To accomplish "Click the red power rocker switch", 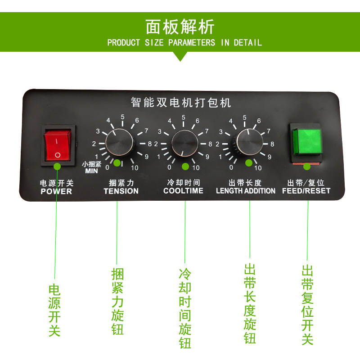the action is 58,145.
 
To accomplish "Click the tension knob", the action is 119,143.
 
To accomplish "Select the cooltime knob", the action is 184,143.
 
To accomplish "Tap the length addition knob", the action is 249,142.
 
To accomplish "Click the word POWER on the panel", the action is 56,191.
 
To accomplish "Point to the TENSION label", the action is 121,191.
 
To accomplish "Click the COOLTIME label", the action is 183,190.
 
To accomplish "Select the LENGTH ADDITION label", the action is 245,191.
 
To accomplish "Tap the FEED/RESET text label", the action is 306,191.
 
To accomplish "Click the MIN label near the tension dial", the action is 91,171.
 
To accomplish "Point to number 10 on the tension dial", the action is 135,168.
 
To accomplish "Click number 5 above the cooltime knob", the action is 184,117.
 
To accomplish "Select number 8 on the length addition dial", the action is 272,144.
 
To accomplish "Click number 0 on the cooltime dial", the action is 169,167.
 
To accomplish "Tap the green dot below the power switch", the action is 57,166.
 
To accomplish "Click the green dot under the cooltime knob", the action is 185,166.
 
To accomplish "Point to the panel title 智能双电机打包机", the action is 181,103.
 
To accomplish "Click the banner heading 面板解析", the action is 180,27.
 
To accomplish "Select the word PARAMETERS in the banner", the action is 192,43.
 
